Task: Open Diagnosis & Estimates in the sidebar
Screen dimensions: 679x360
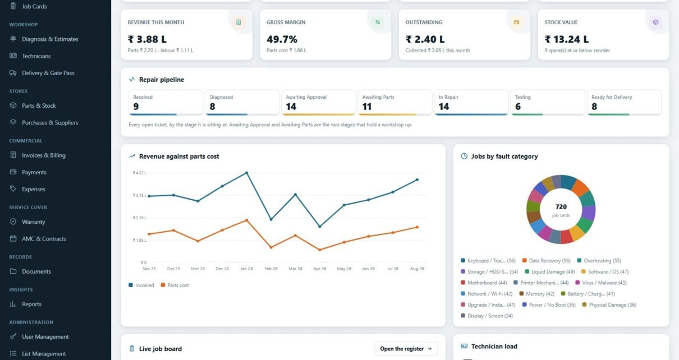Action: click(x=50, y=39)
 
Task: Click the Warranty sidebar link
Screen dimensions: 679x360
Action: click(x=33, y=222)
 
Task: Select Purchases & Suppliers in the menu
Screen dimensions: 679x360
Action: click(x=50, y=123)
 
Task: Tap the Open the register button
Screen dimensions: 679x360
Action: click(x=406, y=349)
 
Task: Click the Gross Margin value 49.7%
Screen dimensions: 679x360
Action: click(x=282, y=39)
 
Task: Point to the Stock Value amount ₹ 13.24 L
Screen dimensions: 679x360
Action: click(x=567, y=39)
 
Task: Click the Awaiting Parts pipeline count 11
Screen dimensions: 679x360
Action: click(x=367, y=107)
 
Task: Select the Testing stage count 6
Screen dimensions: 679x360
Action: click(x=518, y=107)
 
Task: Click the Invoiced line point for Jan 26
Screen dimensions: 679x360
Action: click(x=247, y=173)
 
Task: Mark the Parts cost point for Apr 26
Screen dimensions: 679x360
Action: click(x=320, y=250)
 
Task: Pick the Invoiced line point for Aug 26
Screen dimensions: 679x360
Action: click(x=417, y=179)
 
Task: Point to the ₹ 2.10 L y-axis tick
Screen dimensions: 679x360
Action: click(x=139, y=218)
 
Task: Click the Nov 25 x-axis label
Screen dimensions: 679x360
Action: click(x=198, y=269)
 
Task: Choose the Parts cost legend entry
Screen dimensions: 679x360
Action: click(x=175, y=285)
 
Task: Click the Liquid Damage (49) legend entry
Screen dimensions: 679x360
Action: click(x=549, y=272)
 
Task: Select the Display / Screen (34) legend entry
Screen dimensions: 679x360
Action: click(x=487, y=316)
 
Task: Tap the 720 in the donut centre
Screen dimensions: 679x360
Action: click(x=561, y=207)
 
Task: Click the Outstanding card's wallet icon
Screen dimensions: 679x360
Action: click(x=516, y=22)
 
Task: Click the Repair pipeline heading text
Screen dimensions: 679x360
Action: click(x=162, y=80)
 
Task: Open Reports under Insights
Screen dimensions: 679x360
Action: click(x=31, y=304)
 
